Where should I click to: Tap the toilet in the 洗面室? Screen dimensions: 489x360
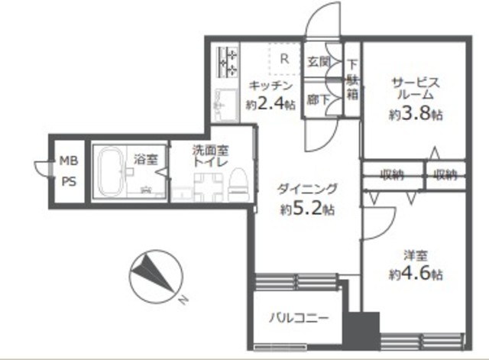tap(239, 185)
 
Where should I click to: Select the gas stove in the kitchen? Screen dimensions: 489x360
tap(228, 62)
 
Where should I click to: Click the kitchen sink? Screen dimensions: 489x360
tap(226, 105)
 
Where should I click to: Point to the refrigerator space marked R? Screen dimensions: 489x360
tap(284, 59)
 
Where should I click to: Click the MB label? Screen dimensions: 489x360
tap(69, 161)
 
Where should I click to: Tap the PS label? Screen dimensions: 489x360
tap(69, 182)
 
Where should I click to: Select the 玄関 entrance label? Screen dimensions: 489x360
tap(319, 62)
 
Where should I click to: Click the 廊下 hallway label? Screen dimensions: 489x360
tap(318, 100)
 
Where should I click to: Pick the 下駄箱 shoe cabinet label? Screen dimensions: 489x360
tap(352, 79)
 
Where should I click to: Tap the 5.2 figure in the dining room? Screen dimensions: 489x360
tap(306, 209)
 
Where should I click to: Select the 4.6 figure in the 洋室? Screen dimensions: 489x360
tap(416, 274)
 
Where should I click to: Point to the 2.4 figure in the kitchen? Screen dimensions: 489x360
tap(270, 104)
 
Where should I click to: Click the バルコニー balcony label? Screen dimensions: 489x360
tap(299, 318)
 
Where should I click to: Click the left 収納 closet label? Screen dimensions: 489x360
tap(392, 175)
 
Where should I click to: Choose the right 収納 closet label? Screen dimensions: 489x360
tap(446, 175)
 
